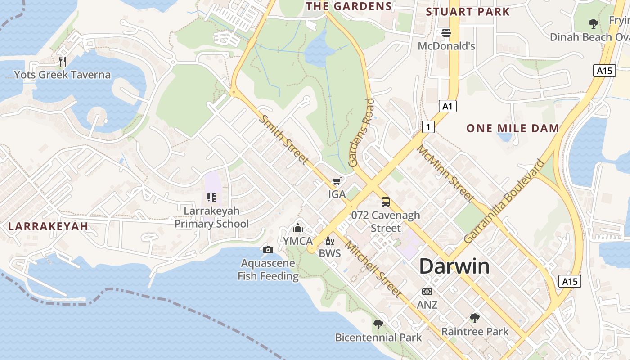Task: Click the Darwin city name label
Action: point(454,266)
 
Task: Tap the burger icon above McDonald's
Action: point(446,33)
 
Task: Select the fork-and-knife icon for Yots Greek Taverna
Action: point(63,62)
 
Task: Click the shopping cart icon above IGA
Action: point(337,181)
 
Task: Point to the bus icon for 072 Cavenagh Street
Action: point(386,202)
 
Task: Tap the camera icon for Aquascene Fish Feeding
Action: point(268,250)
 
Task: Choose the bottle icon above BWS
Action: point(330,241)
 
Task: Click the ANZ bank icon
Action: point(427,292)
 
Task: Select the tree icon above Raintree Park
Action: point(475,319)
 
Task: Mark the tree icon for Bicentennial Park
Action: point(378,324)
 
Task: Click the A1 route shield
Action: point(447,106)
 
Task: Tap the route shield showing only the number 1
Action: point(428,127)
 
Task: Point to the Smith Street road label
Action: point(284,139)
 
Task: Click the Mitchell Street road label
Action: point(373,269)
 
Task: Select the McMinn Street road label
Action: point(445,173)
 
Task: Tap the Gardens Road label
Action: point(362,133)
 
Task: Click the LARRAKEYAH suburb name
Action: point(48,226)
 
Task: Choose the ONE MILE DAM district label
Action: point(513,128)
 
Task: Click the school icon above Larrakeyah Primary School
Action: point(211,198)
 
